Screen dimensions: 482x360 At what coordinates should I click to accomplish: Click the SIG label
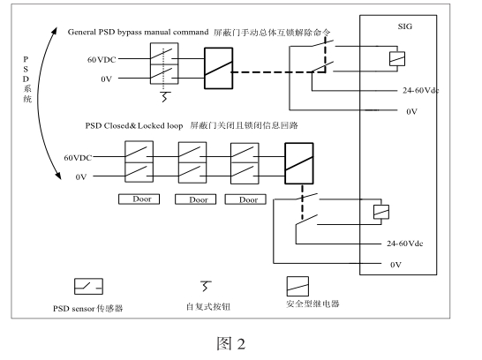point(405,26)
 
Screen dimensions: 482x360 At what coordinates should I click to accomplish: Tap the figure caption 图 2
point(231,343)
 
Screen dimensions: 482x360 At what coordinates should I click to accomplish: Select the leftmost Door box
point(139,199)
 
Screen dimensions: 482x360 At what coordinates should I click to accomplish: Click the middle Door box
point(195,199)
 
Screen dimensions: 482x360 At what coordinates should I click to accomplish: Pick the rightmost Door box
point(245,199)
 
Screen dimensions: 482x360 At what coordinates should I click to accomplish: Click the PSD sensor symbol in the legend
point(88,286)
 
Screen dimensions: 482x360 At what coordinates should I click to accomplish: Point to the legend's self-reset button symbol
point(206,286)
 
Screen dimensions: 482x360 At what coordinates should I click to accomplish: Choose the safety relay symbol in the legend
point(297,286)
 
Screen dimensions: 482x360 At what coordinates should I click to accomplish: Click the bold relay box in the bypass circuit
point(219,68)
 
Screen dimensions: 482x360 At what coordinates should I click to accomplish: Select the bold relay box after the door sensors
point(299,163)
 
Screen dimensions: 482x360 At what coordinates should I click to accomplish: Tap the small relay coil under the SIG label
point(397,59)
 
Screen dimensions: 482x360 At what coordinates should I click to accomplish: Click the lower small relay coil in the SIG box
point(381,212)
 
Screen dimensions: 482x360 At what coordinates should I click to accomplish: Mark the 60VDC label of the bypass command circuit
point(102,60)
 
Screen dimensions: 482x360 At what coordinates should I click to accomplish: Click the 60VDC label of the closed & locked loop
point(78,158)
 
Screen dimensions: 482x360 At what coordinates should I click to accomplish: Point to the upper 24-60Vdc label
point(421,90)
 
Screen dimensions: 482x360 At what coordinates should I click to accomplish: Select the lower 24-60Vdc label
point(405,244)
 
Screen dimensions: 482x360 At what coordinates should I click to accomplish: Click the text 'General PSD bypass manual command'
point(138,33)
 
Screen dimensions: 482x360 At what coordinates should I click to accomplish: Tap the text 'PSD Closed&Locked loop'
point(134,126)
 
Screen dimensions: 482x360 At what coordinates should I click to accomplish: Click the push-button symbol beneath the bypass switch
point(165,96)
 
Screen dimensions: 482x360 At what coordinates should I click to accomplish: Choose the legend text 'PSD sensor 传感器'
point(88,309)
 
